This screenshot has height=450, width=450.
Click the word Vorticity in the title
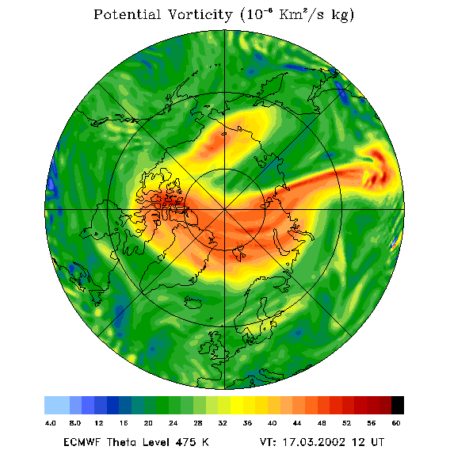tap(200, 15)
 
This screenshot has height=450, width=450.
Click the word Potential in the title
tap(127, 14)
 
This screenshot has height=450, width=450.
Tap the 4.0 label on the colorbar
tap(51, 423)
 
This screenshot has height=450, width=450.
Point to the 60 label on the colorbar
tap(396, 423)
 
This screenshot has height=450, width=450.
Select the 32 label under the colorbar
tap(223, 423)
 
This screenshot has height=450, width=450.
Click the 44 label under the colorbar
tap(297, 423)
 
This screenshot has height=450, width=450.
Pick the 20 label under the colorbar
tap(148, 423)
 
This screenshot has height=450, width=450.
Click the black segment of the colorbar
tap(398, 405)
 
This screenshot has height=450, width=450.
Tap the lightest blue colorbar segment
tap(57, 405)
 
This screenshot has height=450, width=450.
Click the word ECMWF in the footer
tap(82, 442)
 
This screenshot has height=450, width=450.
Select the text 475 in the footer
tap(186, 442)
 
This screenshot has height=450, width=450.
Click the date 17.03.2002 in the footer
tap(314, 442)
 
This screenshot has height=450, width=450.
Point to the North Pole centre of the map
tap(224, 210)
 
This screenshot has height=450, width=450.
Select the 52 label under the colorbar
tap(346, 423)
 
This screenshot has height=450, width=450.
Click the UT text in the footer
tap(377, 442)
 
